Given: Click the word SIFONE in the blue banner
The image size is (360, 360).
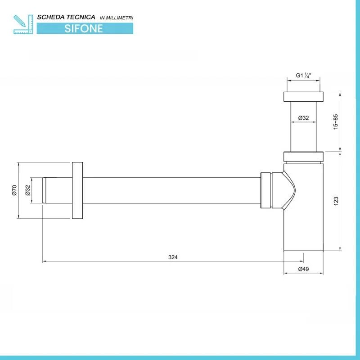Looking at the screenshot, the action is point(84,28).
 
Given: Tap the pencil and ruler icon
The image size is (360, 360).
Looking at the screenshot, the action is point(23,24).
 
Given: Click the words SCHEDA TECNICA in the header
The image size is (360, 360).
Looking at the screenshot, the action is point(66,17).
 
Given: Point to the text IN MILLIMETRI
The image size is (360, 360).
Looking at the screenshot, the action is point(117,18).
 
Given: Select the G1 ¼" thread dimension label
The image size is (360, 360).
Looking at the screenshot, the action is point(303,75).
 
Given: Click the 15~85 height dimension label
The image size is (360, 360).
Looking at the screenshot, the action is point(336,121).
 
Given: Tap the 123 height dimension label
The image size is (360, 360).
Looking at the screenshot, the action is point(336,201).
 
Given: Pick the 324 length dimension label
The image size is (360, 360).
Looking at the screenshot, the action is point(173,257).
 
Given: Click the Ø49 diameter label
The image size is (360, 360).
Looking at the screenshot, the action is point(303,269).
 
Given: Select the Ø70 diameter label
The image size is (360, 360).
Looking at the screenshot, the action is point(14,190).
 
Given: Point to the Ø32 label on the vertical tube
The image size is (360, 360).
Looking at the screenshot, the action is point(303,118).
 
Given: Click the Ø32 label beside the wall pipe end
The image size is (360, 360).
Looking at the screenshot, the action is point(27,190).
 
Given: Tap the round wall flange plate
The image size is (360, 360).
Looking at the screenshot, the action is point(77,190).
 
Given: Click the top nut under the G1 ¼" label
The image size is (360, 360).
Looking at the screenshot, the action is point(303,97).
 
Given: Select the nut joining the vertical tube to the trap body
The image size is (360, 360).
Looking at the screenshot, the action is point(303,157).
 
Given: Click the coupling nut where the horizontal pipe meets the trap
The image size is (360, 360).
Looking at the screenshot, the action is point(266,190).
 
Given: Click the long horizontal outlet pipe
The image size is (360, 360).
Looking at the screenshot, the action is point(171,190).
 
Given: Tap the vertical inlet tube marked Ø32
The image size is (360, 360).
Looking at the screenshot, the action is point(303,126).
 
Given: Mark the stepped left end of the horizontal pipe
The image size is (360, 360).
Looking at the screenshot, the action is point(44,190).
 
